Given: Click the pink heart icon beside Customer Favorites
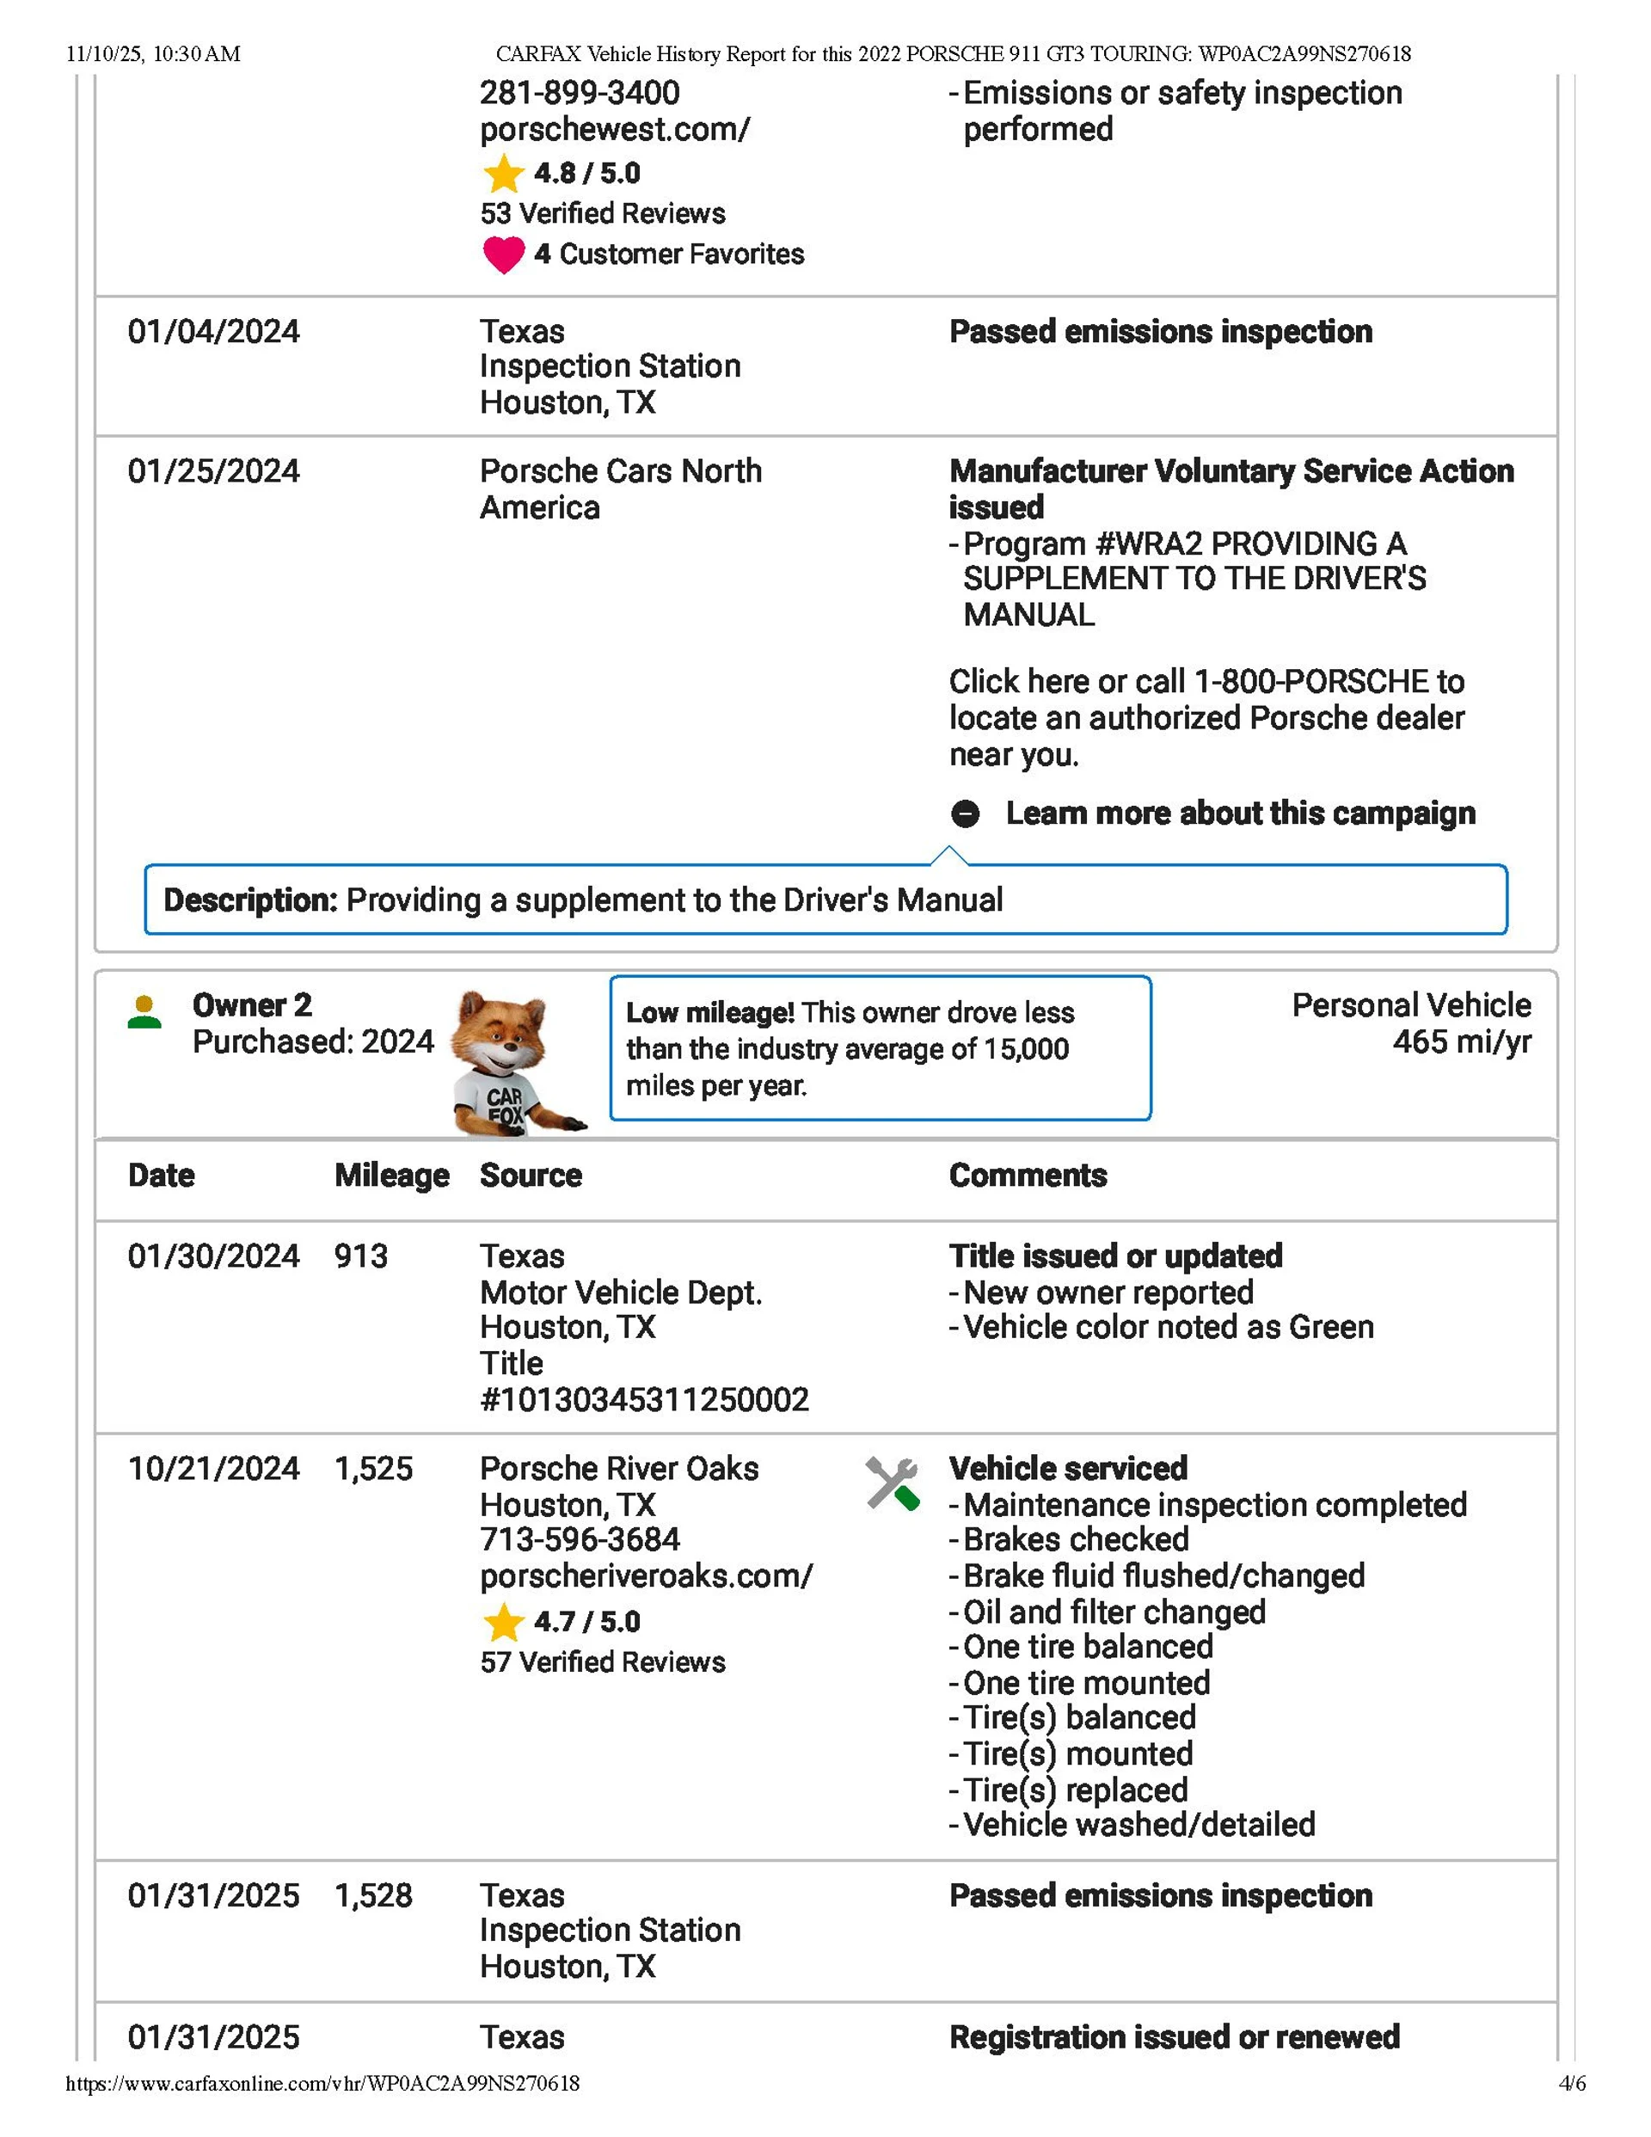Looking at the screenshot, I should [503, 255].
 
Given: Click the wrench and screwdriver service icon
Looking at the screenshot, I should [892, 1483].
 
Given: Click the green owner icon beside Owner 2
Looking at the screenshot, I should [144, 1012].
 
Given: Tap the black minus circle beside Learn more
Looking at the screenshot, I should [965, 814].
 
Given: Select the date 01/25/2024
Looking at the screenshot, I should [213, 471].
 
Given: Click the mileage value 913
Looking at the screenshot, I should [360, 1256].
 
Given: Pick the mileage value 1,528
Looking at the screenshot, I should [373, 1895].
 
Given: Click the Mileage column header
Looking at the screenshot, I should [391, 1176].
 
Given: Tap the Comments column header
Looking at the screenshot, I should [1028, 1176].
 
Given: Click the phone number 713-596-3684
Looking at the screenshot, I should [580, 1540].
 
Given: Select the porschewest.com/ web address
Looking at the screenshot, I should [615, 129].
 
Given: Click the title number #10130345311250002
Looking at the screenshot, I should [644, 1400].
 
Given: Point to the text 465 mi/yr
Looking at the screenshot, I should [1461, 1042].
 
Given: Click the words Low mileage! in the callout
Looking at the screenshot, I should [709, 1013].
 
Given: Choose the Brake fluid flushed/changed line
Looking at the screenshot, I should [1163, 1576].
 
